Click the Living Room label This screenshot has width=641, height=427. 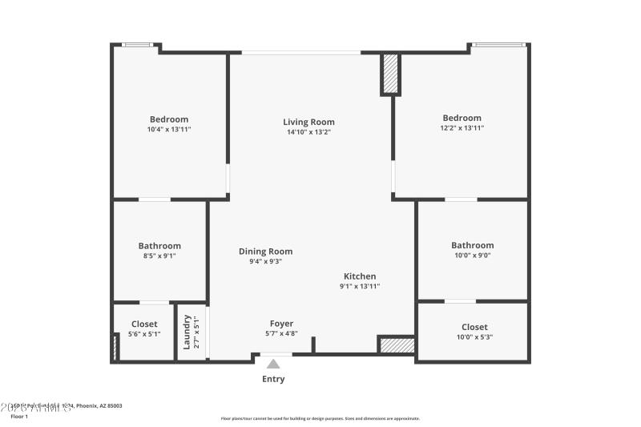pos(308,122)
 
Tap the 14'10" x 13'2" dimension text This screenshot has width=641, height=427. pos(308,132)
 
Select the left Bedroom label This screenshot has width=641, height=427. pos(169,119)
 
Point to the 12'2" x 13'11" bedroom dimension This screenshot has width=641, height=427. pos(462,128)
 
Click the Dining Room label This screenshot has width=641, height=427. pos(265,251)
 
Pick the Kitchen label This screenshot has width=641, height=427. pos(360,276)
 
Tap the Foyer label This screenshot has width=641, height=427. pos(281,324)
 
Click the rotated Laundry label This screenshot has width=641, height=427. pos(187,331)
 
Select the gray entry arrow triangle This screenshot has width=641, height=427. pos(274,364)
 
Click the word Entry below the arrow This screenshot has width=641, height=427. pos(273,379)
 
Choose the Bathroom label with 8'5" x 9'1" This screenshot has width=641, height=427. pos(159,246)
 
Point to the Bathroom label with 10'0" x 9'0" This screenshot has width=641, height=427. pos(472,245)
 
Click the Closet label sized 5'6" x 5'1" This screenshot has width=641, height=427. pos(144,324)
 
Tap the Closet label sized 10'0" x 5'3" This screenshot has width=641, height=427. pos(474,327)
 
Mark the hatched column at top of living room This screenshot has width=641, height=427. pos(390,75)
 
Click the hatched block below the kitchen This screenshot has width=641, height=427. pos(397,345)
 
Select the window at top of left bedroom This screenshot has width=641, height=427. pos(137,45)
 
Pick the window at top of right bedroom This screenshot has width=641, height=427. pos(498,45)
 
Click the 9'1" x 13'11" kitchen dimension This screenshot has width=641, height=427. pos(360,286)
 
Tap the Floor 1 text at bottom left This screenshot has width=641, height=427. pos(19,417)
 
